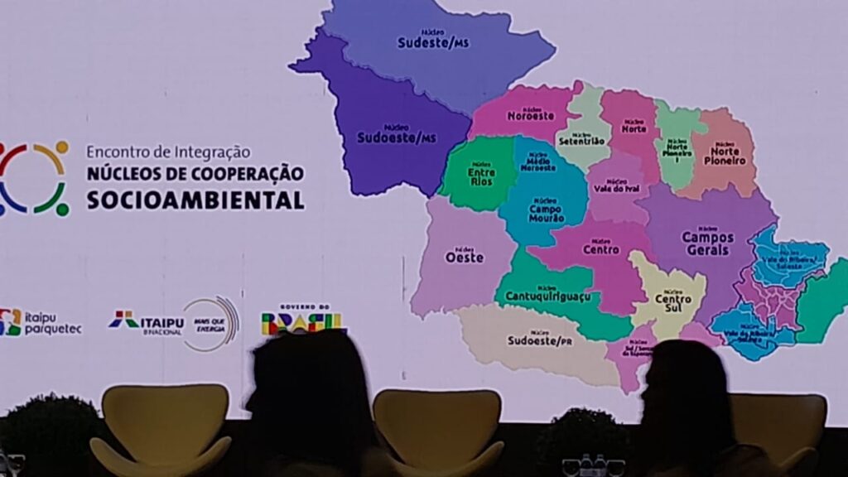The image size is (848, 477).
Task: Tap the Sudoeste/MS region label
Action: [396, 137]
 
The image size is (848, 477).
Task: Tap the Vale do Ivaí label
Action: [616, 187]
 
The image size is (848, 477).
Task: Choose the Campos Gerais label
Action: [706, 243]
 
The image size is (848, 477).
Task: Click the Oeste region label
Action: [465, 257]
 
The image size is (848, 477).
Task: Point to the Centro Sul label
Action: [672, 302]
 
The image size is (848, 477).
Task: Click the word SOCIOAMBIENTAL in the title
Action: [195, 200]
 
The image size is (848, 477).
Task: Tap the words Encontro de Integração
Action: [168, 152]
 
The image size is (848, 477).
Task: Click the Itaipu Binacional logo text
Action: [149, 321]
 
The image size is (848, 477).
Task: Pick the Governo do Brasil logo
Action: [303, 320]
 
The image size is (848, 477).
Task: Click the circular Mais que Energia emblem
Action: [212, 323]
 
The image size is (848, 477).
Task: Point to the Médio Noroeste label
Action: [538, 163]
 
